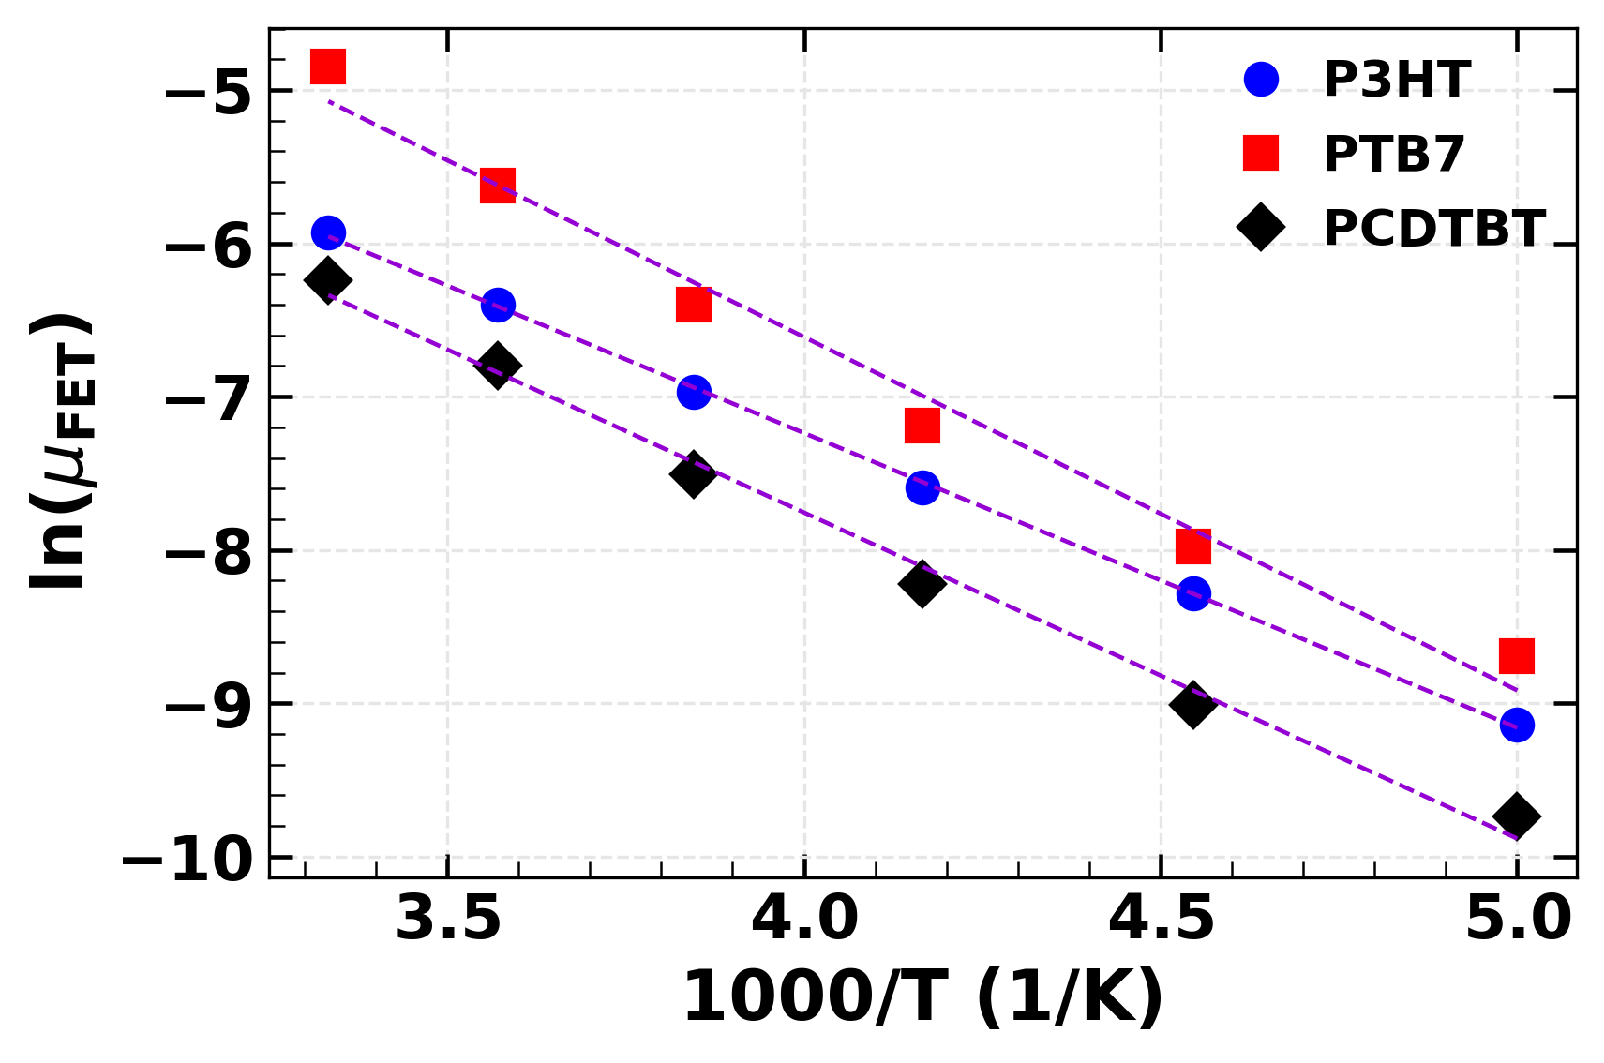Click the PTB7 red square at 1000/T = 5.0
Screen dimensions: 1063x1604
pyautogui.click(x=1516, y=655)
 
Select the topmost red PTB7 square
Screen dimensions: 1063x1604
pyautogui.click(x=328, y=67)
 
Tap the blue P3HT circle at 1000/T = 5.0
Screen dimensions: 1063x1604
pyautogui.click(x=1516, y=725)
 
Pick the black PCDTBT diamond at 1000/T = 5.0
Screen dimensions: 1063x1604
pyautogui.click(x=1516, y=816)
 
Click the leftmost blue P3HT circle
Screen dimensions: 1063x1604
pyautogui.click(x=328, y=232)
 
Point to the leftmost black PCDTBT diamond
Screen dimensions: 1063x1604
pyautogui.click(x=328, y=279)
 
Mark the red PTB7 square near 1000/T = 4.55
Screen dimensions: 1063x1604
pyautogui.click(x=1192, y=546)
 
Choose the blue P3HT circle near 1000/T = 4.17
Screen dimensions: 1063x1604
pyautogui.click(x=922, y=487)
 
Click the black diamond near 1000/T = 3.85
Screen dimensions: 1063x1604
pyautogui.click(x=693, y=474)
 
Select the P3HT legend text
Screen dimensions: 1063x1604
pyautogui.click(x=1396, y=80)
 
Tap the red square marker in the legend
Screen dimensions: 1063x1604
pyautogui.click(x=1261, y=153)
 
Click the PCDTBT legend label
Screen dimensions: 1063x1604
pyautogui.click(x=1433, y=228)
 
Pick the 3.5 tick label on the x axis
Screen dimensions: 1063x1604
pyautogui.click(x=448, y=920)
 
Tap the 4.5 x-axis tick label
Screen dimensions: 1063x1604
pyautogui.click(x=1161, y=920)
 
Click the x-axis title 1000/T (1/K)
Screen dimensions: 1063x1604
pyautogui.click(x=922, y=997)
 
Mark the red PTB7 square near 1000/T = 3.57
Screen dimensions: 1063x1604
pyautogui.click(x=497, y=186)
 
